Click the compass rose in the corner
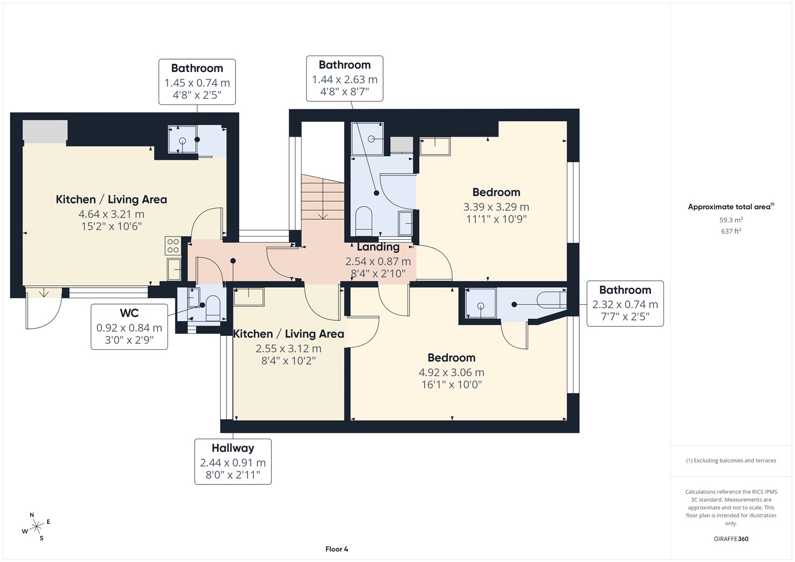click(36, 526)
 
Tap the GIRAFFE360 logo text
click(731, 539)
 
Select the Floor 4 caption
click(336, 549)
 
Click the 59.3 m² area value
click(731, 220)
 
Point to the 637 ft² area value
click(731, 231)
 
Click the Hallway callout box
click(233, 462)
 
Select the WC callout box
click(129, 326)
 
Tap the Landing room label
click(378, 247)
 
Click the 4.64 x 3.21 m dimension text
click(111, 214)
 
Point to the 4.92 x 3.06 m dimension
click(451, 372)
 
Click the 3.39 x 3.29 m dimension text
click(496, 207)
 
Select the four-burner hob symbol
click(173, 245)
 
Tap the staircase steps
click(322, 197)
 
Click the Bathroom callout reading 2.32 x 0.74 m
click(625, 304)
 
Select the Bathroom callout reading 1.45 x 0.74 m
click(197, 82)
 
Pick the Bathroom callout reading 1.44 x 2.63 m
click(345, 79)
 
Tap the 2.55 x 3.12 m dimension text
click(288, 349)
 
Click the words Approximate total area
click(729, 207)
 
